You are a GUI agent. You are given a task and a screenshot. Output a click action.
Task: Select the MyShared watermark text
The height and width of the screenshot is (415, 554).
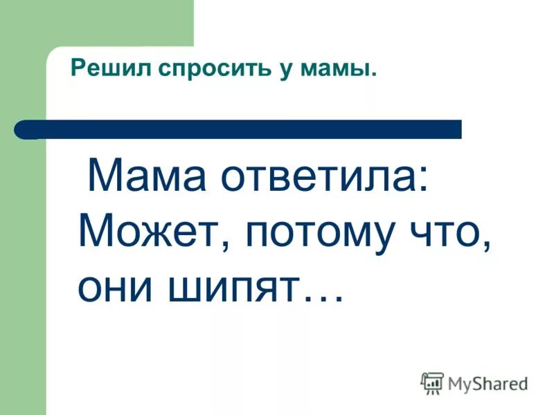488,383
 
